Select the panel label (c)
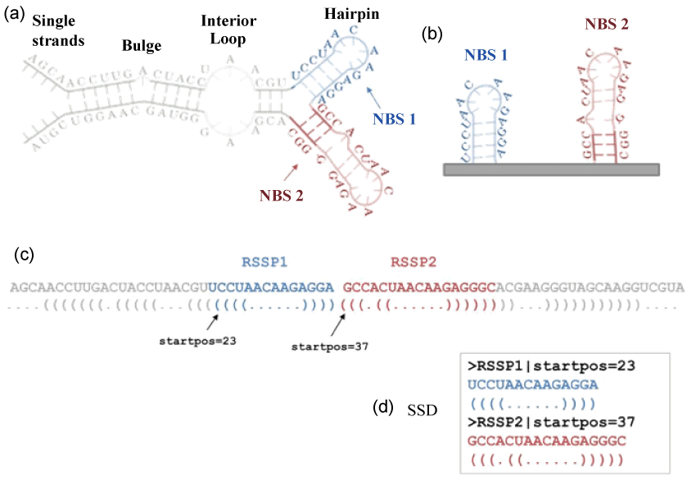click(25, 254)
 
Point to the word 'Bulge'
click(142, 46)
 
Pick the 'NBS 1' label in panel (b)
click(486, 55)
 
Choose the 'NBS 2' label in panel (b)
click(607, 24)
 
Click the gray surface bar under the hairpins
click(550, 170)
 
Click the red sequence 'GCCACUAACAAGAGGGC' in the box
click(545, 441)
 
